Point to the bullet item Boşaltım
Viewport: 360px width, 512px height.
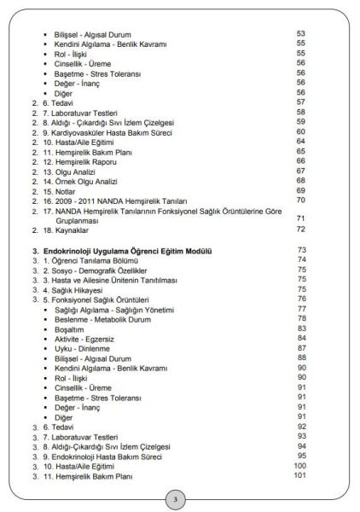pos(70,329)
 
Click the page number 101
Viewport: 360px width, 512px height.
pos(299,475)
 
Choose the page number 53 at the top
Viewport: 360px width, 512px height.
pos(301,33)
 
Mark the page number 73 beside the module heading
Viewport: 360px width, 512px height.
pos(301,250)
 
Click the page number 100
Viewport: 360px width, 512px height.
pos(299,465)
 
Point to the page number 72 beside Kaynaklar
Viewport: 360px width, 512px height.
pos(301,230)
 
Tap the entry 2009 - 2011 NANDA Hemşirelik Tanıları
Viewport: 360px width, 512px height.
pos(112,201)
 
